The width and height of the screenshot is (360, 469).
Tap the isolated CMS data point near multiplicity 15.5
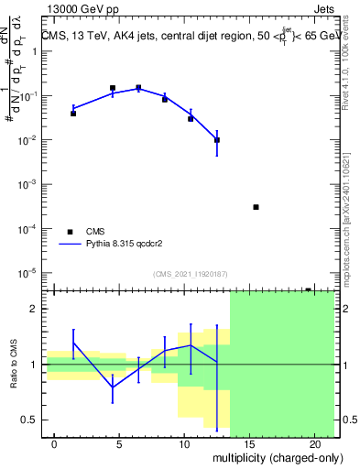tap(256, 207)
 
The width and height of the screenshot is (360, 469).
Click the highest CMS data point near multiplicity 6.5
tap(138, 88)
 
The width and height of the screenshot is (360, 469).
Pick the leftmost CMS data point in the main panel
tap(73, 114)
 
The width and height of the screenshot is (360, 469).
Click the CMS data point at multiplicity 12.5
tap(217, 140)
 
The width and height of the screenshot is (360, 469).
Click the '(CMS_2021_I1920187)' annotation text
tap(190, 274)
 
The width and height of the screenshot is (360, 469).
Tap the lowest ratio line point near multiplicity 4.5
tap(113, 387)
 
